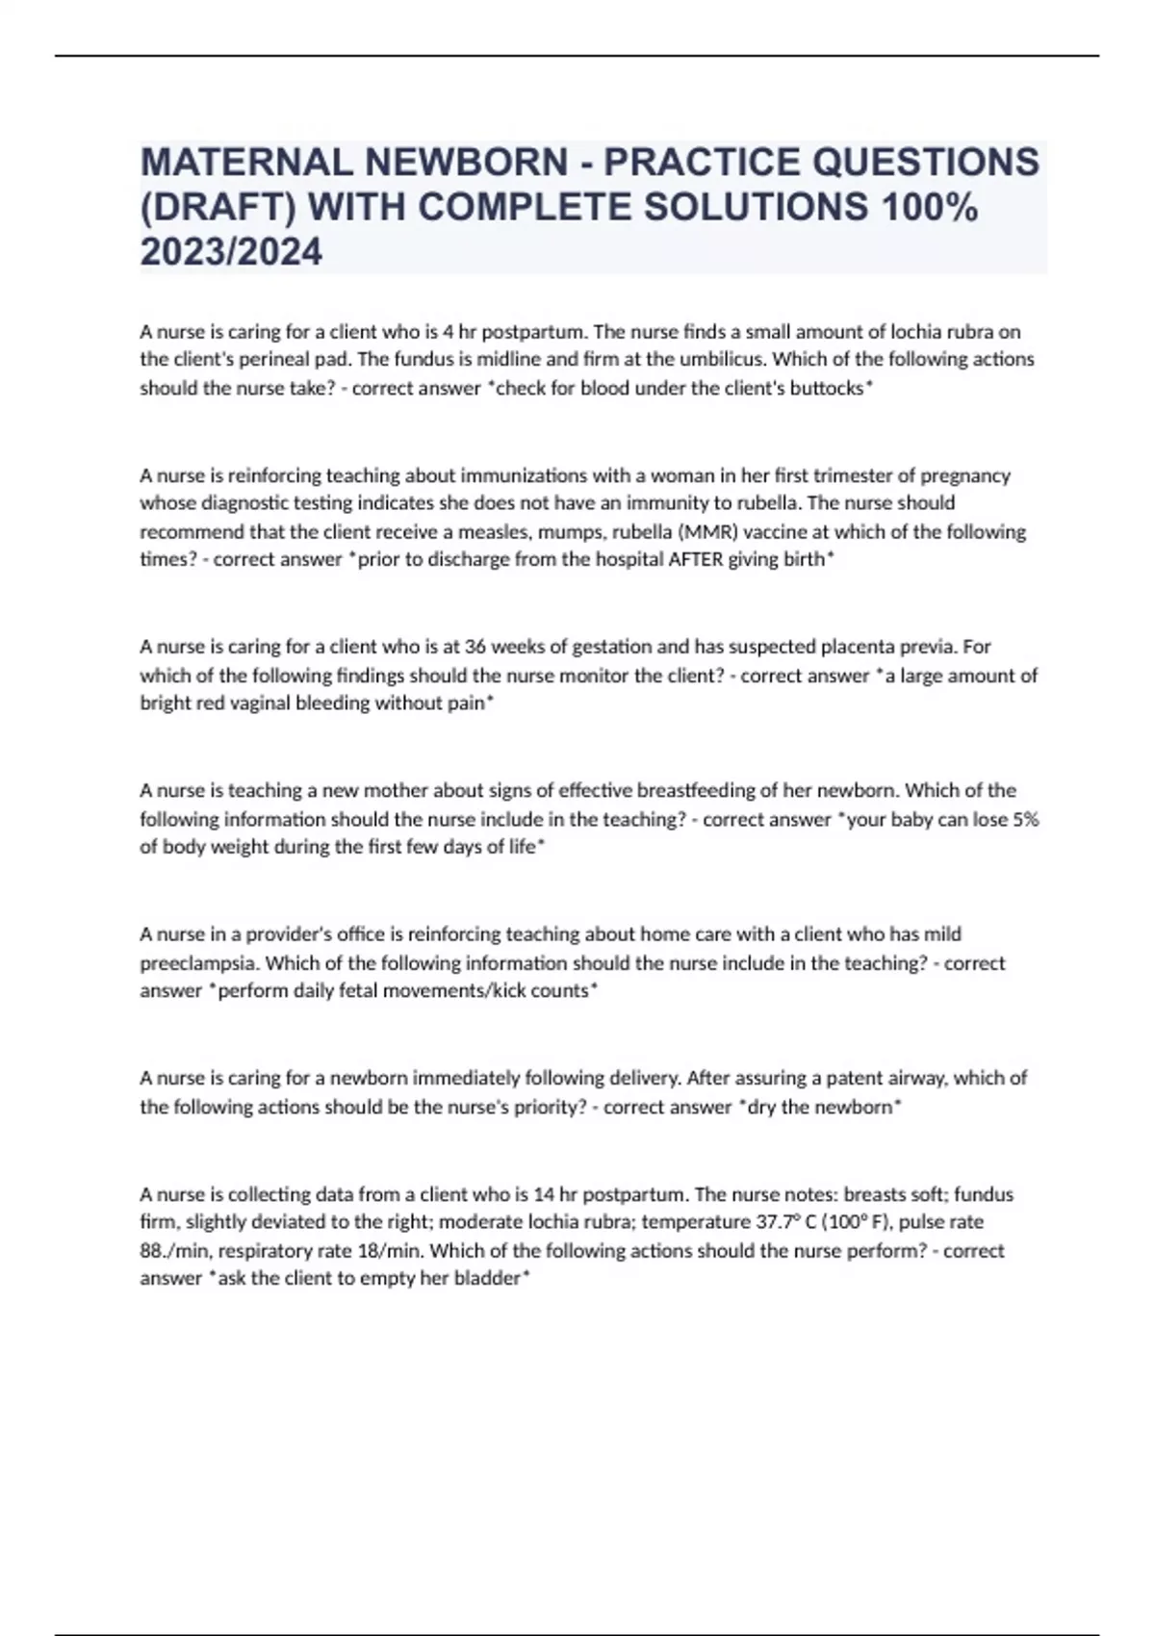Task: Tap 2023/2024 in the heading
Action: click(231, 253)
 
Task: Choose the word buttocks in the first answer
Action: click(826, 389)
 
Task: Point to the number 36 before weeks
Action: click(475, 647)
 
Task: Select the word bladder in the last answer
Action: click(490, 1279)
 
